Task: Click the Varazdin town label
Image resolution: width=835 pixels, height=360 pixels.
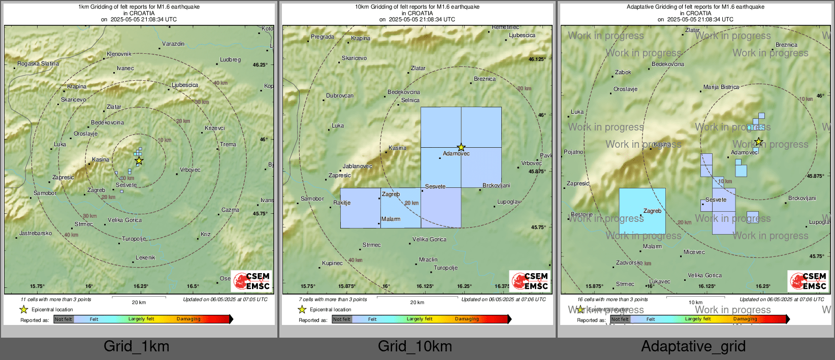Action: coord(173,44)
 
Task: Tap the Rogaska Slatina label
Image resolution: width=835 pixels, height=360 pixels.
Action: coord(38,64)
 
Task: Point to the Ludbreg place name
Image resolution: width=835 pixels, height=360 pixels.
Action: coord(230,60)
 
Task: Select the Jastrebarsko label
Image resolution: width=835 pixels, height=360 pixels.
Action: coord(36,234)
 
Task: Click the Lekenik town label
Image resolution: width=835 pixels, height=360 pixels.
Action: coord(145,258)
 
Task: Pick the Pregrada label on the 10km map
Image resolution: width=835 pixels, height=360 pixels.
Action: coord(323,37)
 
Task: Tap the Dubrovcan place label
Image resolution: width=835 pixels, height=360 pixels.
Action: coord(340,96)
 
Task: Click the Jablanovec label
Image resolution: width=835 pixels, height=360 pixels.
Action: coord(357,167)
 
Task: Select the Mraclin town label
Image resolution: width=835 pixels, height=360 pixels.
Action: coord(428,260)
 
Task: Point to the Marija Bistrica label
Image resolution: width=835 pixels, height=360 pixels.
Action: coord(721,87)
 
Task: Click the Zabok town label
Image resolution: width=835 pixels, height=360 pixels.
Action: coord(623,73)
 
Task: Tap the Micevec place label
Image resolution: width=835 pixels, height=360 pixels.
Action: coord(694,252)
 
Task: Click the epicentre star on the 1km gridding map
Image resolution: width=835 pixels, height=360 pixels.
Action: coord(139,161)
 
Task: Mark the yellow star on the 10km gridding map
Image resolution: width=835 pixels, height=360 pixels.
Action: coord(461,147)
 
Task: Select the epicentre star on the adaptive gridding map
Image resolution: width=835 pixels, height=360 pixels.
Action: coord(758,142)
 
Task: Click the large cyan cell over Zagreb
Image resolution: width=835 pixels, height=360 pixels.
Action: coord(642,211)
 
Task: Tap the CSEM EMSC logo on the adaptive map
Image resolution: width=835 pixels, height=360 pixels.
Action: coord(808,281)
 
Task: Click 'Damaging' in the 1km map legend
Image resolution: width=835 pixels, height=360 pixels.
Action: coord(188,319)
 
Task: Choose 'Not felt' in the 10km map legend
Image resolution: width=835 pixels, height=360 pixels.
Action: coord(342,319)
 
